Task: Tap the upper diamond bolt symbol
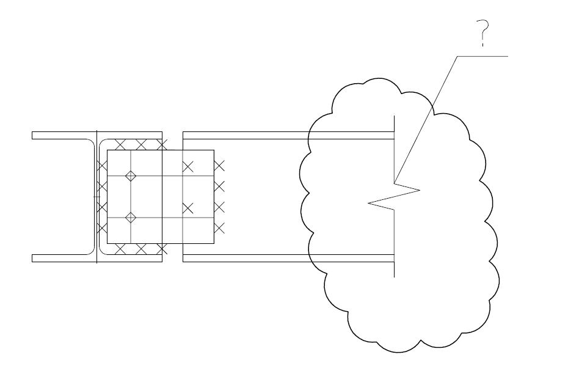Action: tap(130, 176)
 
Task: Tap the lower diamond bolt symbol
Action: tap(130, 218)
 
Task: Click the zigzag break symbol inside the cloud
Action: tap(395, 197)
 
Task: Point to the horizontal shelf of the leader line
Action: tap(482, 56)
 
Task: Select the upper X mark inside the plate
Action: tap(188, 166)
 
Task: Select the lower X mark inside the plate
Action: tap(188, 208)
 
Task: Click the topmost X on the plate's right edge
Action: tap(220, 165)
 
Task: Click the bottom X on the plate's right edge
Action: tap(220, 228)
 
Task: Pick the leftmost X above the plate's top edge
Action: tap(121, 145)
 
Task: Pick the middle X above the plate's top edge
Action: tap(141, 145)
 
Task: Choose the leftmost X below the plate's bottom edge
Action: tap(121, 249)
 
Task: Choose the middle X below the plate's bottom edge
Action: tap(141, 249)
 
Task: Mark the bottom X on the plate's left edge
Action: tap(102, 228)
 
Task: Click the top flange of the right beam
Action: tap(287, 135)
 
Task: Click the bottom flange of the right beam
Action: tap(287, 258)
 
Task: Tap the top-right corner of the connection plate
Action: tap(214, 150)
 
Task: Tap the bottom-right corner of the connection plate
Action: tap(214, 244)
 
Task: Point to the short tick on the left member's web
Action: tap(95, 197)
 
